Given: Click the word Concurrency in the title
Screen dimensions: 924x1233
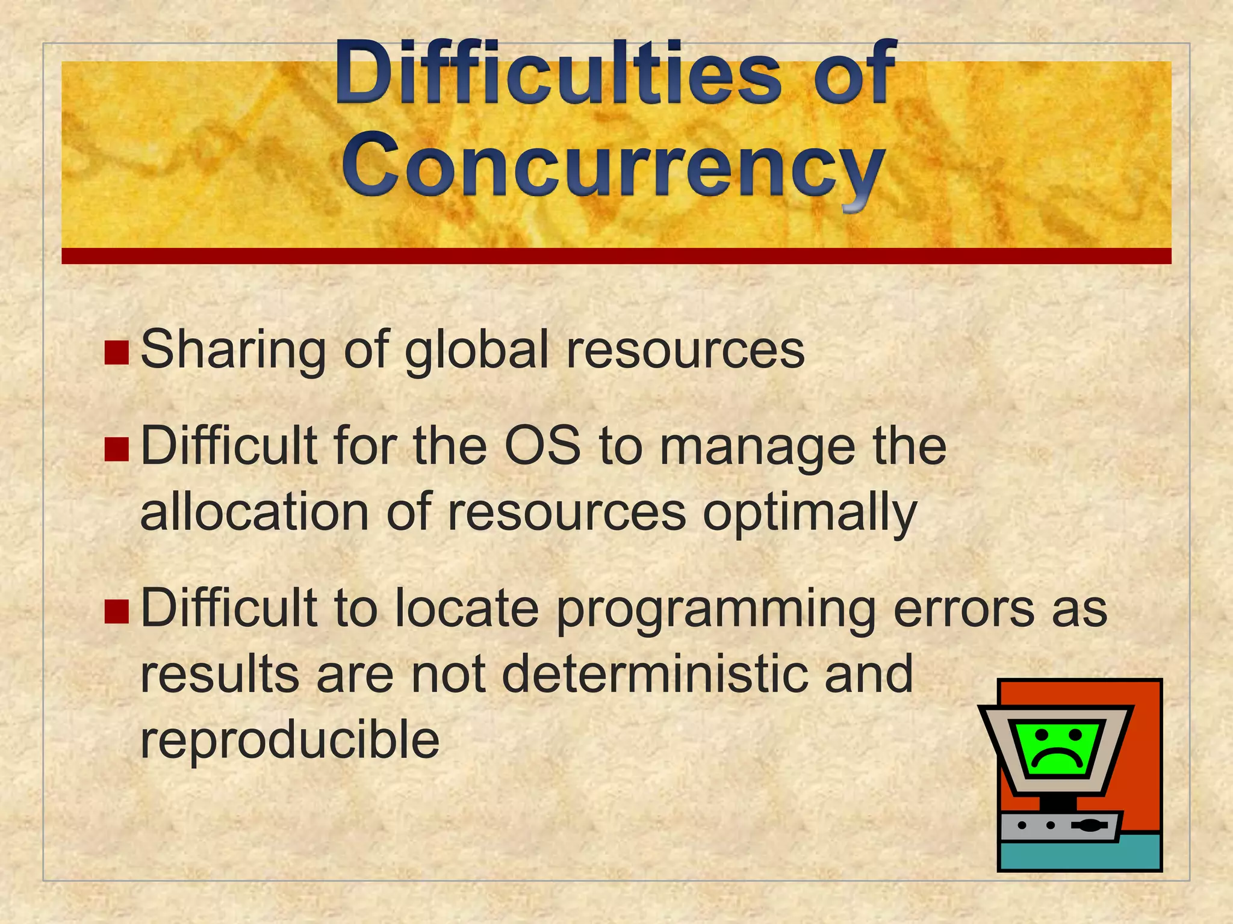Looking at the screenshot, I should point(613,165).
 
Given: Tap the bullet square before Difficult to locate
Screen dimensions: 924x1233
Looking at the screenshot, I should point(116,611).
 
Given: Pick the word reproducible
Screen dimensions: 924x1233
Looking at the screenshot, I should point(290,740).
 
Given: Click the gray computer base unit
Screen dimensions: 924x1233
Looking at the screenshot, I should point(1060,827).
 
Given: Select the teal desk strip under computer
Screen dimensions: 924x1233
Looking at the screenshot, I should point(1079,855).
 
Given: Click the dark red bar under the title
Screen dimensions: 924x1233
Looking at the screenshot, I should point(616,256).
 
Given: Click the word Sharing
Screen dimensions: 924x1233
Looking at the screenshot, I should point(233,351).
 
